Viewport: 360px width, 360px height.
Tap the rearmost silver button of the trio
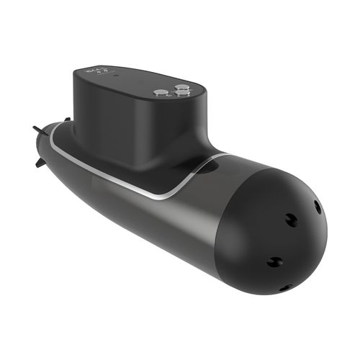point(181,86)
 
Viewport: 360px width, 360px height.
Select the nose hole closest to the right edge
point(318,207)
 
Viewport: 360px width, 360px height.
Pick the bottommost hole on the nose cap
point(283,287)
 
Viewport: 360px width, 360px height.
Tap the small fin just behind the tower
point(66,119)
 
